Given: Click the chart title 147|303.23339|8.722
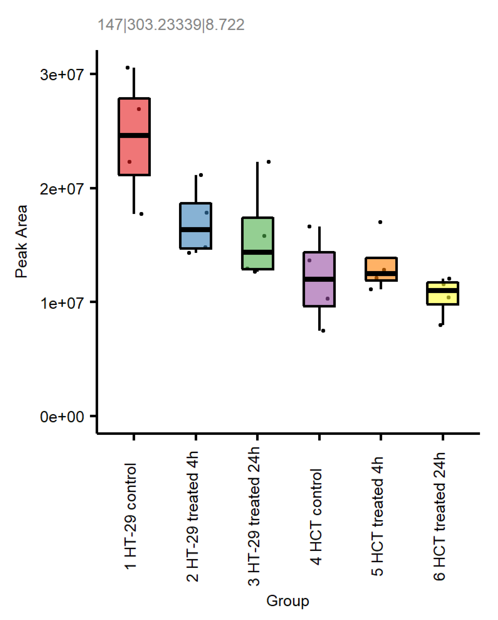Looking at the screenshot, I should (171, 25).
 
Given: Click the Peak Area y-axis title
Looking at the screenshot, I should (21, 241).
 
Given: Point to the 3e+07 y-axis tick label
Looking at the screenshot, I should (62, 75).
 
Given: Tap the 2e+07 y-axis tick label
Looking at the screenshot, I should (62, 189).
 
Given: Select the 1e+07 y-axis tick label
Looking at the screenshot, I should (62, 303).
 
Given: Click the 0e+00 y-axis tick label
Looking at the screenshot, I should (62, 417).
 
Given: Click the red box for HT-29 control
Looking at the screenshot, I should (134, 121).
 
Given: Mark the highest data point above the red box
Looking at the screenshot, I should (128, 68).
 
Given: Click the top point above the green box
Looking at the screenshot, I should (269, 162).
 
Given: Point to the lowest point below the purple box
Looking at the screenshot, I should (323, 331).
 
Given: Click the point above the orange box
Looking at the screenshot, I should (380, 222).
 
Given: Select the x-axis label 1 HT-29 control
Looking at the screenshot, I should (131, 516).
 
